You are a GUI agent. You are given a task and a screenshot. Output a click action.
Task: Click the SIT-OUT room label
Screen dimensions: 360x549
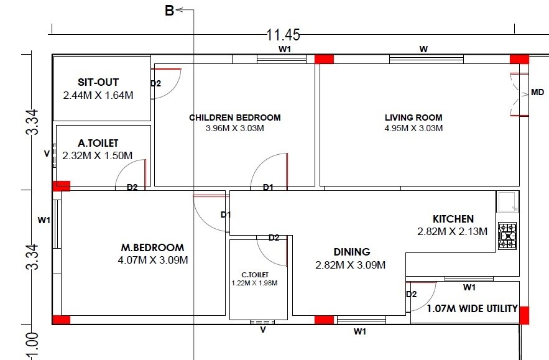pos(98,82)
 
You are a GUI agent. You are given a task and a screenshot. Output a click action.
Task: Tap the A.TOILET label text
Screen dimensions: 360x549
pos(98,143)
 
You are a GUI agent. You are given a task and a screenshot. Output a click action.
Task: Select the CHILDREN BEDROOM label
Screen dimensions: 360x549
pos(234,117)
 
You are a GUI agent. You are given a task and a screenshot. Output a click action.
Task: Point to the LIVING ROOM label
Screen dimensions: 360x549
pos(413,117)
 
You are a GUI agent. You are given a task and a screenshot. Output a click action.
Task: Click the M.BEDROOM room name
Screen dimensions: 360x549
pos(152,247)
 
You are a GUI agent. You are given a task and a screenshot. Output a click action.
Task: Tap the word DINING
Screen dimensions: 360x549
pos(351,252)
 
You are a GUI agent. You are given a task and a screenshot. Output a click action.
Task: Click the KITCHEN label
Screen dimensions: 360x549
pos(453,219)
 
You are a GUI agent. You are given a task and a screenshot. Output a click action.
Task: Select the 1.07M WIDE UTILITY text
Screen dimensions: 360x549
pos(472,308)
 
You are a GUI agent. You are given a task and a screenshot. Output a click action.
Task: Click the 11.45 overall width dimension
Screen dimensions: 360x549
pos(282,35)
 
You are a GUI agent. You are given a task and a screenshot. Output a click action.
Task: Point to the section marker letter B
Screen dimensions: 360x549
pos(169,10)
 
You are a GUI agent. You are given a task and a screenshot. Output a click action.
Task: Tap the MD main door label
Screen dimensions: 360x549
pos(537,93)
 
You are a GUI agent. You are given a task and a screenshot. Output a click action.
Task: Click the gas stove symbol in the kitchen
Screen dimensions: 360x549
pos(507,236)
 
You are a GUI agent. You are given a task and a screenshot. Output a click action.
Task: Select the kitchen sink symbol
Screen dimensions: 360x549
pos(507,201)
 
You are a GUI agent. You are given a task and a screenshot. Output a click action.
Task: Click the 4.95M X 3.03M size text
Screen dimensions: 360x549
pos(413,128)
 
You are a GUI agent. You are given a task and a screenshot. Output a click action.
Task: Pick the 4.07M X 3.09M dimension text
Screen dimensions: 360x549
pos(152,260)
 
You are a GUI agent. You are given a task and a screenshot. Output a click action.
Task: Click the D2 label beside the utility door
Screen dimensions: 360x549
pos(411,294)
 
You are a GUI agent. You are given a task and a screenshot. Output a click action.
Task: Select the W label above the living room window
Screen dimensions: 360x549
pos(423,48)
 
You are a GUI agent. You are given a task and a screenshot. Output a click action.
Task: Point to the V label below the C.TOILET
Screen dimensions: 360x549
pos(262,330)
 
